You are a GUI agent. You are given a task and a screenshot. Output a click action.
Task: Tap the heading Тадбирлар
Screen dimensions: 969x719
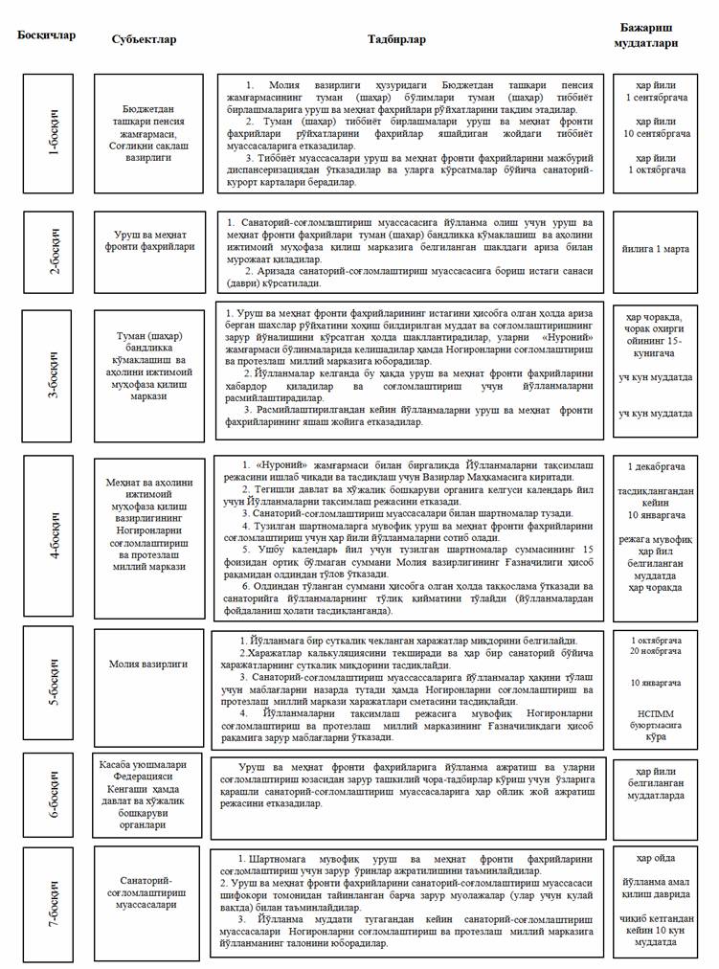(396, 39)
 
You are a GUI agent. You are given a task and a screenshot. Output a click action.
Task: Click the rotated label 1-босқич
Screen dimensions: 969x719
(52, 133)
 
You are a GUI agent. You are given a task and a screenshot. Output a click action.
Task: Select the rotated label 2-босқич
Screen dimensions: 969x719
(52, 252)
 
